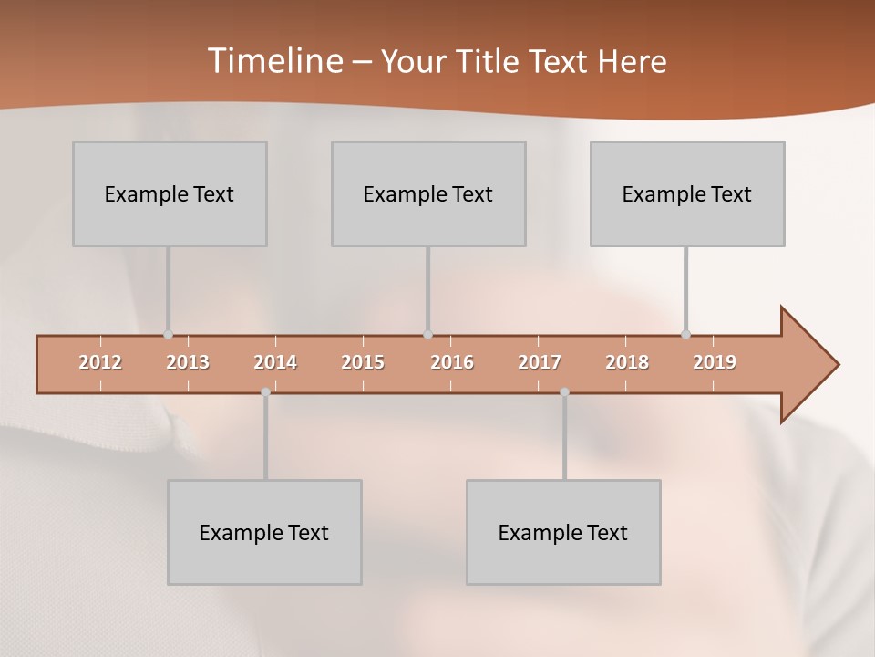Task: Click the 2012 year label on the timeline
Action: [x=100, y=362]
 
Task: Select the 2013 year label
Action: [x=188, y=362]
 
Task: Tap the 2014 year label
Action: [x=275, y=362]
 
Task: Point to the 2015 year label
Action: [x=363, y=362]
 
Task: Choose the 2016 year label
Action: [x=452, y=362]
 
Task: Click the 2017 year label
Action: [x=540, y=362]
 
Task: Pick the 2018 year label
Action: [x=627, y=362]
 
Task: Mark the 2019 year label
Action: [x=715, y=362]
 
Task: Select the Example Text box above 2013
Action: [x=170, y=193]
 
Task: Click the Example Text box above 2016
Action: [x=428, y=193]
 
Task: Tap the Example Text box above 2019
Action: [x=687, y=193]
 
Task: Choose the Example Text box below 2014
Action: [x=264, y=532]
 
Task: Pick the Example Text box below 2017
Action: [x=563, y=532]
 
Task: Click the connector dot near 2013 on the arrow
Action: [x=168, y=335]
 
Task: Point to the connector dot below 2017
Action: [x=564, y=392]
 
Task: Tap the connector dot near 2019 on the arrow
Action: [x=685, y=335]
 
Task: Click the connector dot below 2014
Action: [x=265, y=392]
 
